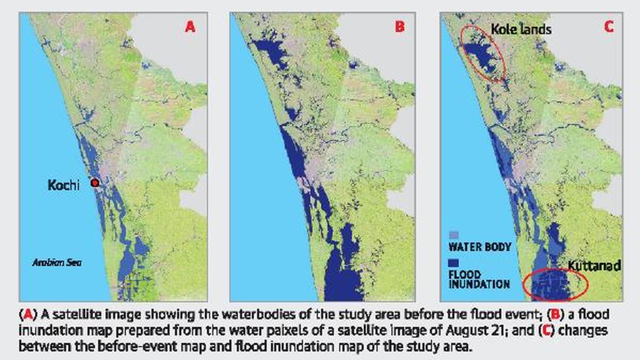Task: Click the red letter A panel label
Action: click(189, 27)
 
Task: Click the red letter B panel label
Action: click(399, 27)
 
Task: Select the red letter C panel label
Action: click(609, 27)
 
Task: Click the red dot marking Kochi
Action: click(95, 183)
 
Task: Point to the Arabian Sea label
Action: click(57, 262)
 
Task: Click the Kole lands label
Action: click(521, 29)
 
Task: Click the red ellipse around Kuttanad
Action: click(555, 286)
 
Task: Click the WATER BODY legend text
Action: click(479, 247)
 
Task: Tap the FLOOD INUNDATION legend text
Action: click(478, 280)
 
